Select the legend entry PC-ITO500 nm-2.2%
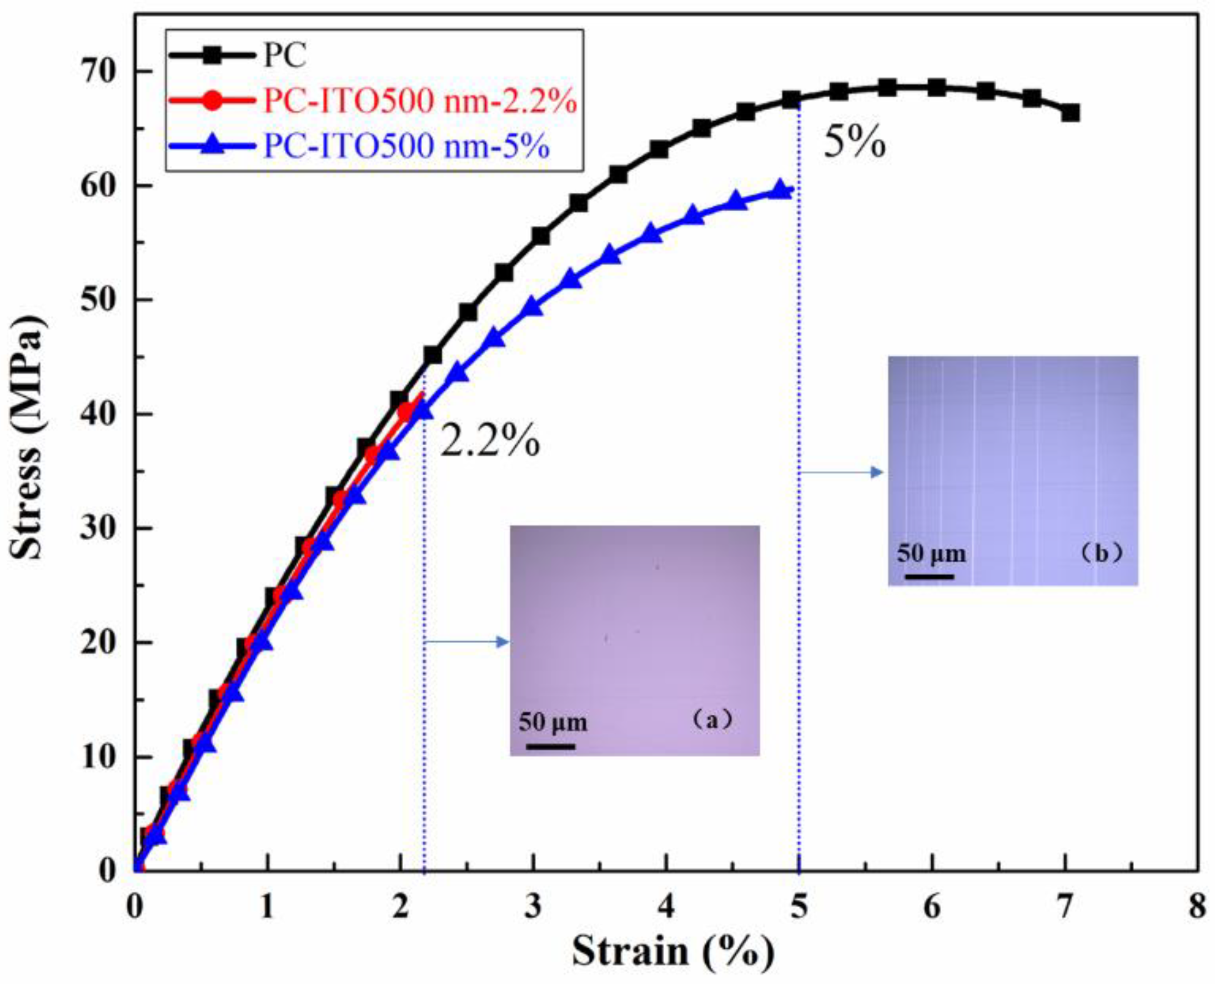420,102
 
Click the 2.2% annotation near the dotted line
489,442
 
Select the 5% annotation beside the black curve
854,143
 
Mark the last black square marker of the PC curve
1070,113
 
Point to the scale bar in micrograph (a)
550,746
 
